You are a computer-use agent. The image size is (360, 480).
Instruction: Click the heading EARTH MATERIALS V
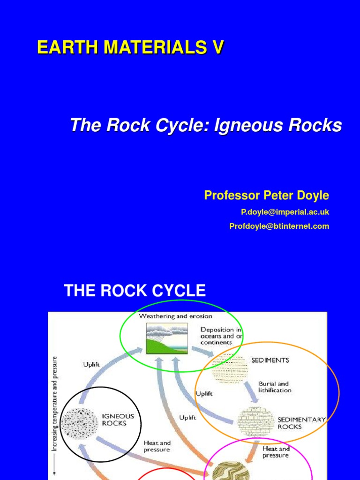[131, 48]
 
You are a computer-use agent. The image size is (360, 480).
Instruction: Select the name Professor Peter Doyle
[266, 195]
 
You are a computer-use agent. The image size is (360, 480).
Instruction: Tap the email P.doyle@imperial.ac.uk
[285, 212]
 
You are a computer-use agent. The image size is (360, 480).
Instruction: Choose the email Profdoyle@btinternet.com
[279, 226]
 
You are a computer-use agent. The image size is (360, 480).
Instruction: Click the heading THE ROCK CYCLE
[135, 291]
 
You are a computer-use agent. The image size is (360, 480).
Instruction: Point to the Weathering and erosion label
[175, 316]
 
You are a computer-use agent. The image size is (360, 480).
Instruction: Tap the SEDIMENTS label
[270, 360]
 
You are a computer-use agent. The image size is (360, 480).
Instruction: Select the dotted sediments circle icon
[229, 368]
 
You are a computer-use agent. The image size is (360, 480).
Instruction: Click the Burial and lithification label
[275, 387]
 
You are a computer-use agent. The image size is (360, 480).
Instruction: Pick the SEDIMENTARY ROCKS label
[301, 423]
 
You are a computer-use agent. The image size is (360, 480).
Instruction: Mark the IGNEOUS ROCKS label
[118, 419]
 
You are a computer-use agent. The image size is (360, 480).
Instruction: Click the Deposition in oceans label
[221, 336]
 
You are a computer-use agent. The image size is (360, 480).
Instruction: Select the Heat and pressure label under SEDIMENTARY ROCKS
[276, 452]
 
